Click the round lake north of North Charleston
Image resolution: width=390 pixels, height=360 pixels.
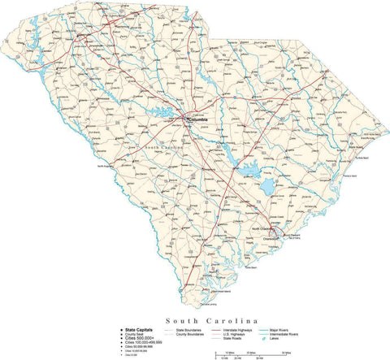(268, 189)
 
